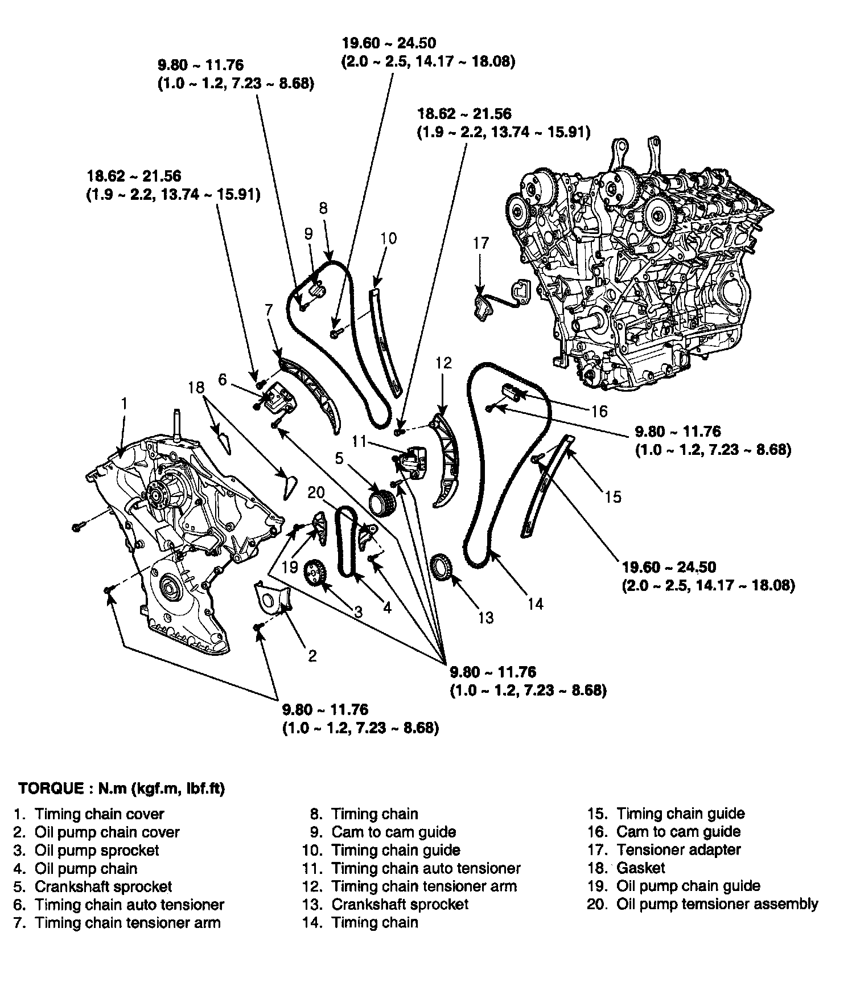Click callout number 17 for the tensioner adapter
pos(481,244)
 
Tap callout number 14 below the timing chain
pos(535,603)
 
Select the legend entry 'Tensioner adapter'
pos(678,850)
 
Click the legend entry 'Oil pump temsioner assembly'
pos(717,904)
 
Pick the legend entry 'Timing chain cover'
pos(99,814)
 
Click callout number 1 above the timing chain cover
pos(124,404)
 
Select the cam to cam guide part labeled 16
pos(511,392)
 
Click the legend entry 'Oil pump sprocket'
pos(97,851)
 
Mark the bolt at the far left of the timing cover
pos(77,528)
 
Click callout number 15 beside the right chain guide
pos(612,497)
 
